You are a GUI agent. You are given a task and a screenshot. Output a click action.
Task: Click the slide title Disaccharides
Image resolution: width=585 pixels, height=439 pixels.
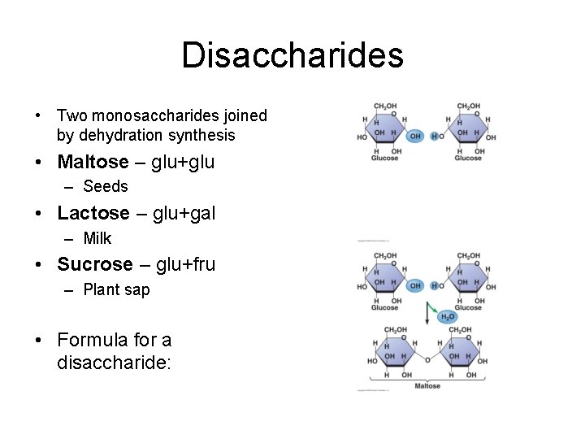pyautogui.click(x=292, y=55)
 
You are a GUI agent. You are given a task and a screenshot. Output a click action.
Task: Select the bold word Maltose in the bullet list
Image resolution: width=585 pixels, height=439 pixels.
pyautogui.click(x=93, y=162)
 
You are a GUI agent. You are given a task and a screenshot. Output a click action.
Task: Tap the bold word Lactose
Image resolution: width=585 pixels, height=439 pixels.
pyautogui.click(x=93, y=213)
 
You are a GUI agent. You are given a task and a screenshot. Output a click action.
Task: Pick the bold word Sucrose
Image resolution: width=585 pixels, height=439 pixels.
pyautogui.click(x=94, y=264)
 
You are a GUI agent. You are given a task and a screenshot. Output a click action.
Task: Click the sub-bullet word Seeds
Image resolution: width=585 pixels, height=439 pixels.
pyautogui.click(x=106, y=187)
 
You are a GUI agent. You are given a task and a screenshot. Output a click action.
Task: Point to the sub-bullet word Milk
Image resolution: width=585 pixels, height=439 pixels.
pyautogui.click(x=97, y=239)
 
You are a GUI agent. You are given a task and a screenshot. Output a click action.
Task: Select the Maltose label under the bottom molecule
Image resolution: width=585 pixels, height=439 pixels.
pyautogui.click(x=427, y=386)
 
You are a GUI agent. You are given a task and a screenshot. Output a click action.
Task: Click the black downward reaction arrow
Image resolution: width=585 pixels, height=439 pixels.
pyautogui.click(x=427, y=312)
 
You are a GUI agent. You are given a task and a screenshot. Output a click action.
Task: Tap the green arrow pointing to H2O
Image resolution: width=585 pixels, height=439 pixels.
pyautogui.click(x=436, y=309)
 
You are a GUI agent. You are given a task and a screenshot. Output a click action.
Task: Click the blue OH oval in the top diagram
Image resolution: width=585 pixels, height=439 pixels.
pyautogui.click(x=415, y=137)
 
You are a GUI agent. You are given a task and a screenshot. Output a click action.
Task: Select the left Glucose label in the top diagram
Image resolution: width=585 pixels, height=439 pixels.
pyautogui.click(x=385, y=158)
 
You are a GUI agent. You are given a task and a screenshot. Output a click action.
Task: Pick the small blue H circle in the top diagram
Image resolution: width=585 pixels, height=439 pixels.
pyautogui.click(x=434, y=137)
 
